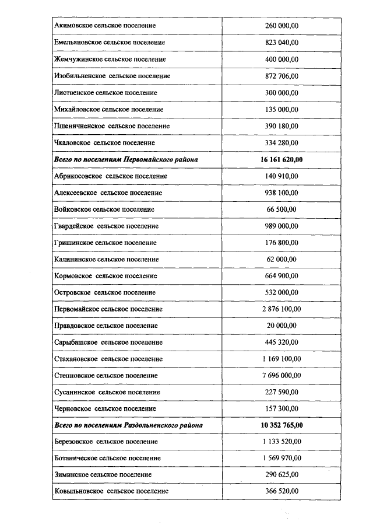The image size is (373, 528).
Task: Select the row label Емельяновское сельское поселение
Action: [x=109, y=43]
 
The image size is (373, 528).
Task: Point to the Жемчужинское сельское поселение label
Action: [x=110, y=60]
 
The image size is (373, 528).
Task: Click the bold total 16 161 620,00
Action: [x=282, y=159]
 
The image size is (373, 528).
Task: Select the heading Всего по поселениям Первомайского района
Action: [x=125, y=159]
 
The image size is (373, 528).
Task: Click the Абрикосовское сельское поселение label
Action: [x=110, y=176]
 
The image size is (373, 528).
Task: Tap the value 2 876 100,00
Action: [x=282, y=309]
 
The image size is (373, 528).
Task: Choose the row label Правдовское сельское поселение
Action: [x=105, y=326]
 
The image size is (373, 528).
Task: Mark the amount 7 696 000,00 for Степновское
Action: [x=282, y=375]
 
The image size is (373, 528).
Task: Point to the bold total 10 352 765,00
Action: [x=282, y=425]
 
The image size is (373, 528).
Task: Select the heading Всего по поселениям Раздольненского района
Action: [x=128, y=425]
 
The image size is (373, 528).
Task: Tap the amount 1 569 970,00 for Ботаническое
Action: [x=282, y=459]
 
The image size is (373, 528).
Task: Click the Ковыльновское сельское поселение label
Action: [x=111, y=492]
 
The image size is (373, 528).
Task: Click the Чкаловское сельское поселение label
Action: [x=104, y=142]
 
